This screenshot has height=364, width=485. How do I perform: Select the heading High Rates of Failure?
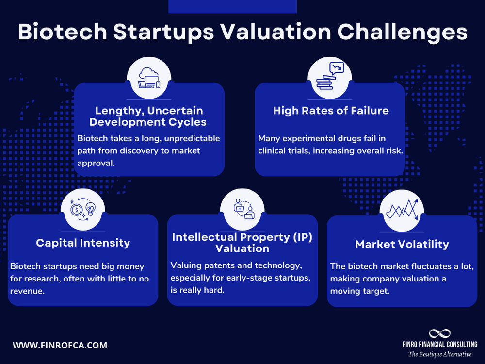tap(331, 111)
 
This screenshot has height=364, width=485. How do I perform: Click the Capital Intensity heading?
tap(83, 243)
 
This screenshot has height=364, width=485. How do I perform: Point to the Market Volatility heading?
tap(402, 244)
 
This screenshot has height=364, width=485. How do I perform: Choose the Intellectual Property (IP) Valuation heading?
tap(242, 243)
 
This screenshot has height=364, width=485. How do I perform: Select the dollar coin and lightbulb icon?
tap(83, 210)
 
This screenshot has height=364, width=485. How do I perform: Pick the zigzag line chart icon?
tap(402, 210)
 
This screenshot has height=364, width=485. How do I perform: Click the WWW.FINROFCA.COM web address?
tap(60, 346)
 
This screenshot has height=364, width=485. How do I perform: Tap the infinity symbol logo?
tap(439, 333)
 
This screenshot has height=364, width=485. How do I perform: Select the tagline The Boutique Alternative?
tap(439, 354)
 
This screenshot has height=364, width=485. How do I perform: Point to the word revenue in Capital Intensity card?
tap(27, 291)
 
